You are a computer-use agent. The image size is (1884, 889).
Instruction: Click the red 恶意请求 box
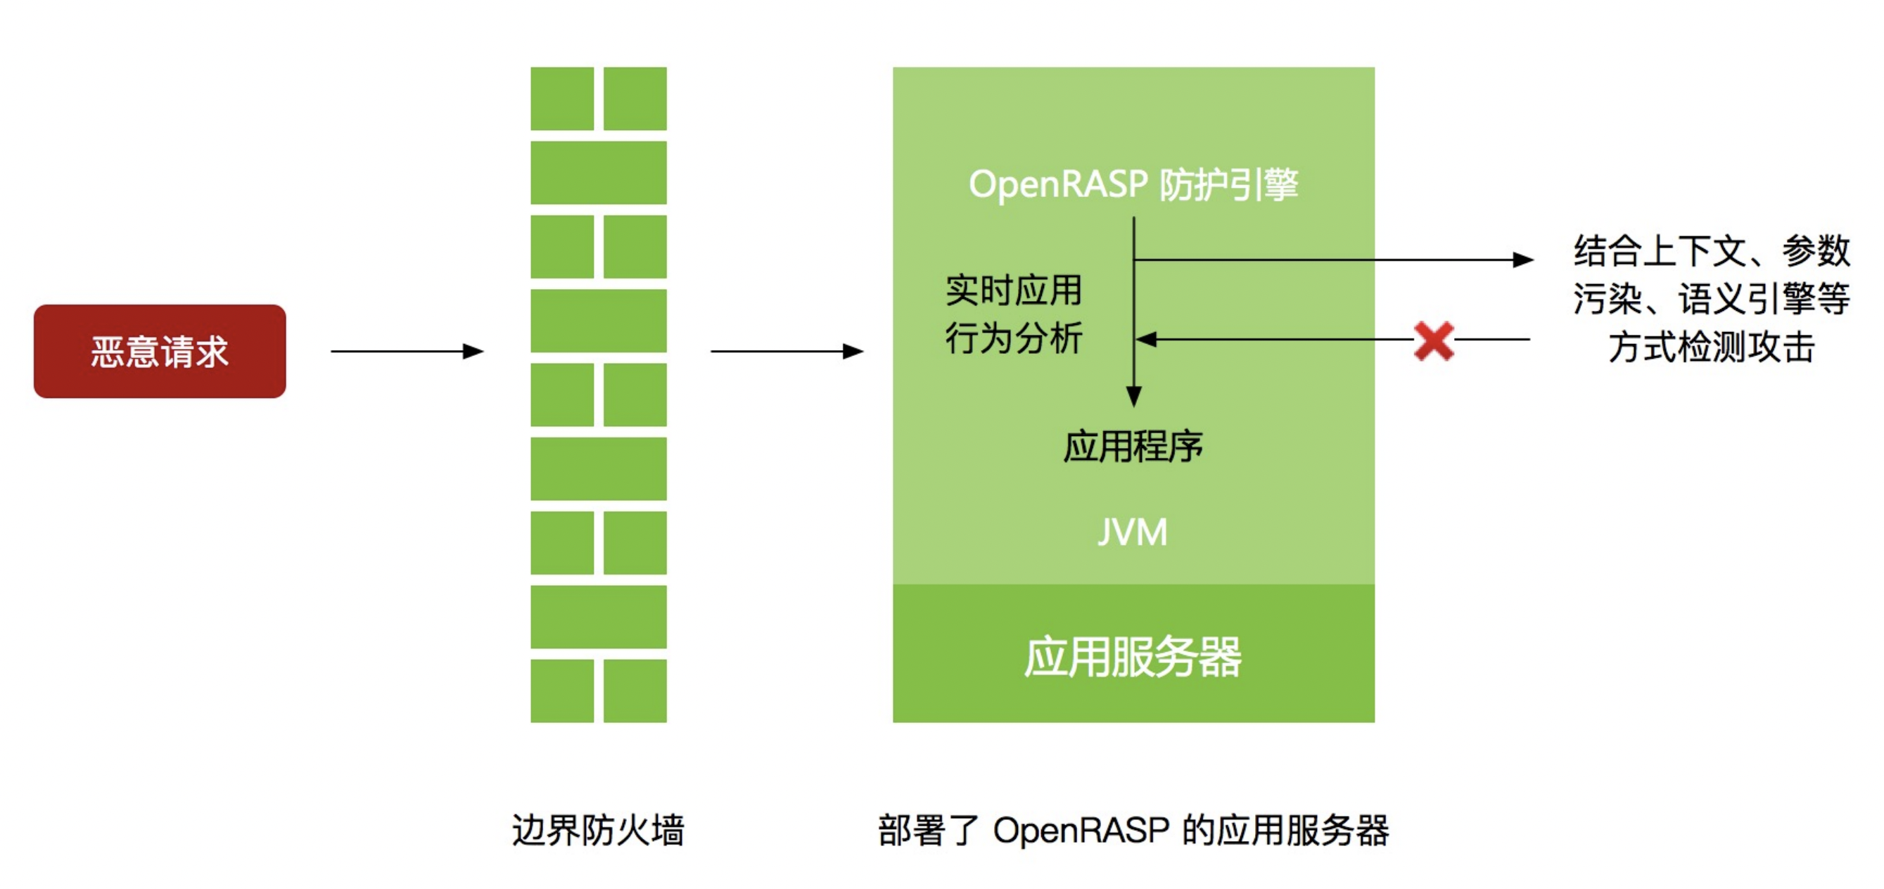[160, 351]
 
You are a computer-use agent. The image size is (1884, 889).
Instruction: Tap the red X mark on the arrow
[1434, 340]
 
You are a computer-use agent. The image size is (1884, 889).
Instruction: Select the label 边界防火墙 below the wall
[597, 830]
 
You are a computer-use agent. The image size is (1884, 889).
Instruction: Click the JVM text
[1132, 532]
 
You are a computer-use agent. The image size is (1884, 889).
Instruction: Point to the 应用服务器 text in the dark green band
[1132, 656]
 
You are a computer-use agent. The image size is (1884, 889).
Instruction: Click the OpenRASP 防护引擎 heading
[1133, 184]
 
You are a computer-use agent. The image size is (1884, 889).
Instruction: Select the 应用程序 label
[1132, 446]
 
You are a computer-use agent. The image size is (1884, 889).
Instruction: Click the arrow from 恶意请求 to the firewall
[407, 352]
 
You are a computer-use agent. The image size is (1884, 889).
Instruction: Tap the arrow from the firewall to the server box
[787, 352]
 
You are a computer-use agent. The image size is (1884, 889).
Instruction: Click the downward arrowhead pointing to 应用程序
[1133, 396]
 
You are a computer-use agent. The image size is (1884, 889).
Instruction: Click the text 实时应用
[1014, 290]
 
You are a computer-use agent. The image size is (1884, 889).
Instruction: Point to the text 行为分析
[1014, 338]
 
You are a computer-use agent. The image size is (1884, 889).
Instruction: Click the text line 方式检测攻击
[1712, 347]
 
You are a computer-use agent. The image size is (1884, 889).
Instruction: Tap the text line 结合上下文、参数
[1712, 251]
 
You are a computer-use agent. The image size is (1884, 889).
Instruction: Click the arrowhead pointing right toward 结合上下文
[1522, 260]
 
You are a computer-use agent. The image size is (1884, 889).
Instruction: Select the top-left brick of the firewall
[561, 98]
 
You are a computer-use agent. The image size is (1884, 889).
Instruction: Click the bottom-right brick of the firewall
[635, 691]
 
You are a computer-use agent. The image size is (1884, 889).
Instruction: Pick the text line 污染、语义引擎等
[1712, 298]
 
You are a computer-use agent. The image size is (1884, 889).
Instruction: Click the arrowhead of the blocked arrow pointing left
[1145, 339]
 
